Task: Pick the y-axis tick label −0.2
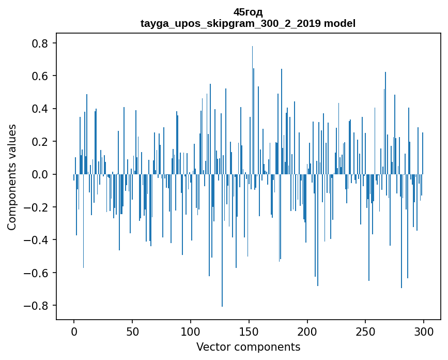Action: pos(38,207)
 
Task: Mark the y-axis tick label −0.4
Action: pos(38,240)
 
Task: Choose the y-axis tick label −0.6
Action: pos(38,273)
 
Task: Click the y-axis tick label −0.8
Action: pos(38,306)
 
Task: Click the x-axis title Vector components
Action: pos(248,347)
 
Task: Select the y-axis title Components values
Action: pos(12,177)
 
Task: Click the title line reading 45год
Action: pos(248,12)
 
